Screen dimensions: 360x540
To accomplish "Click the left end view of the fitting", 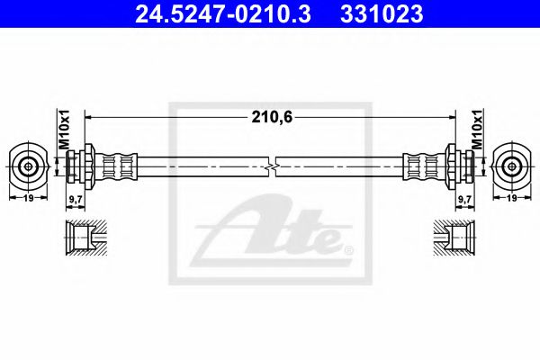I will point(31,166).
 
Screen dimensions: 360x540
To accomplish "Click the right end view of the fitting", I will point(510,166).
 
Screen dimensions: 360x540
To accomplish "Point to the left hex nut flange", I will point(90,166).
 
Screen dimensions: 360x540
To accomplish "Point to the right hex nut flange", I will point(450,166).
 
